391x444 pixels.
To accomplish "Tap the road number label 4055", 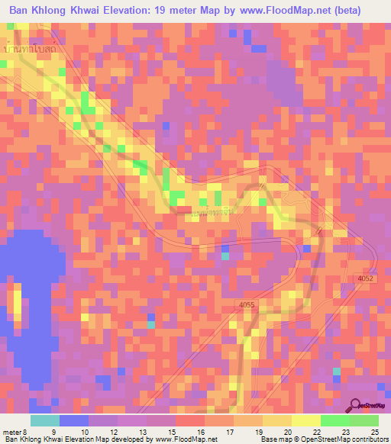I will [246, 305].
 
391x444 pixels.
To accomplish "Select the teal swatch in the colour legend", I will [45, 420].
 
